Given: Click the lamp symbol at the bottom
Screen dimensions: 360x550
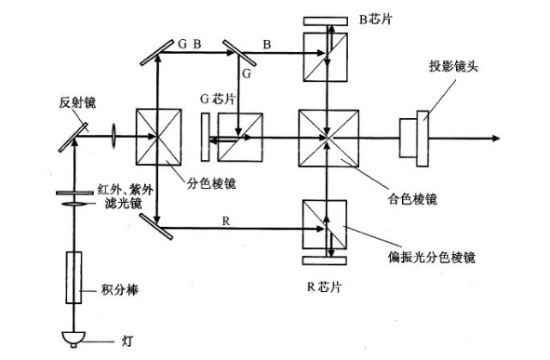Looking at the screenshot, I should point(72,337).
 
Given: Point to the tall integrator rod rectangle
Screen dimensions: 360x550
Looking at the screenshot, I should point(72,277).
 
